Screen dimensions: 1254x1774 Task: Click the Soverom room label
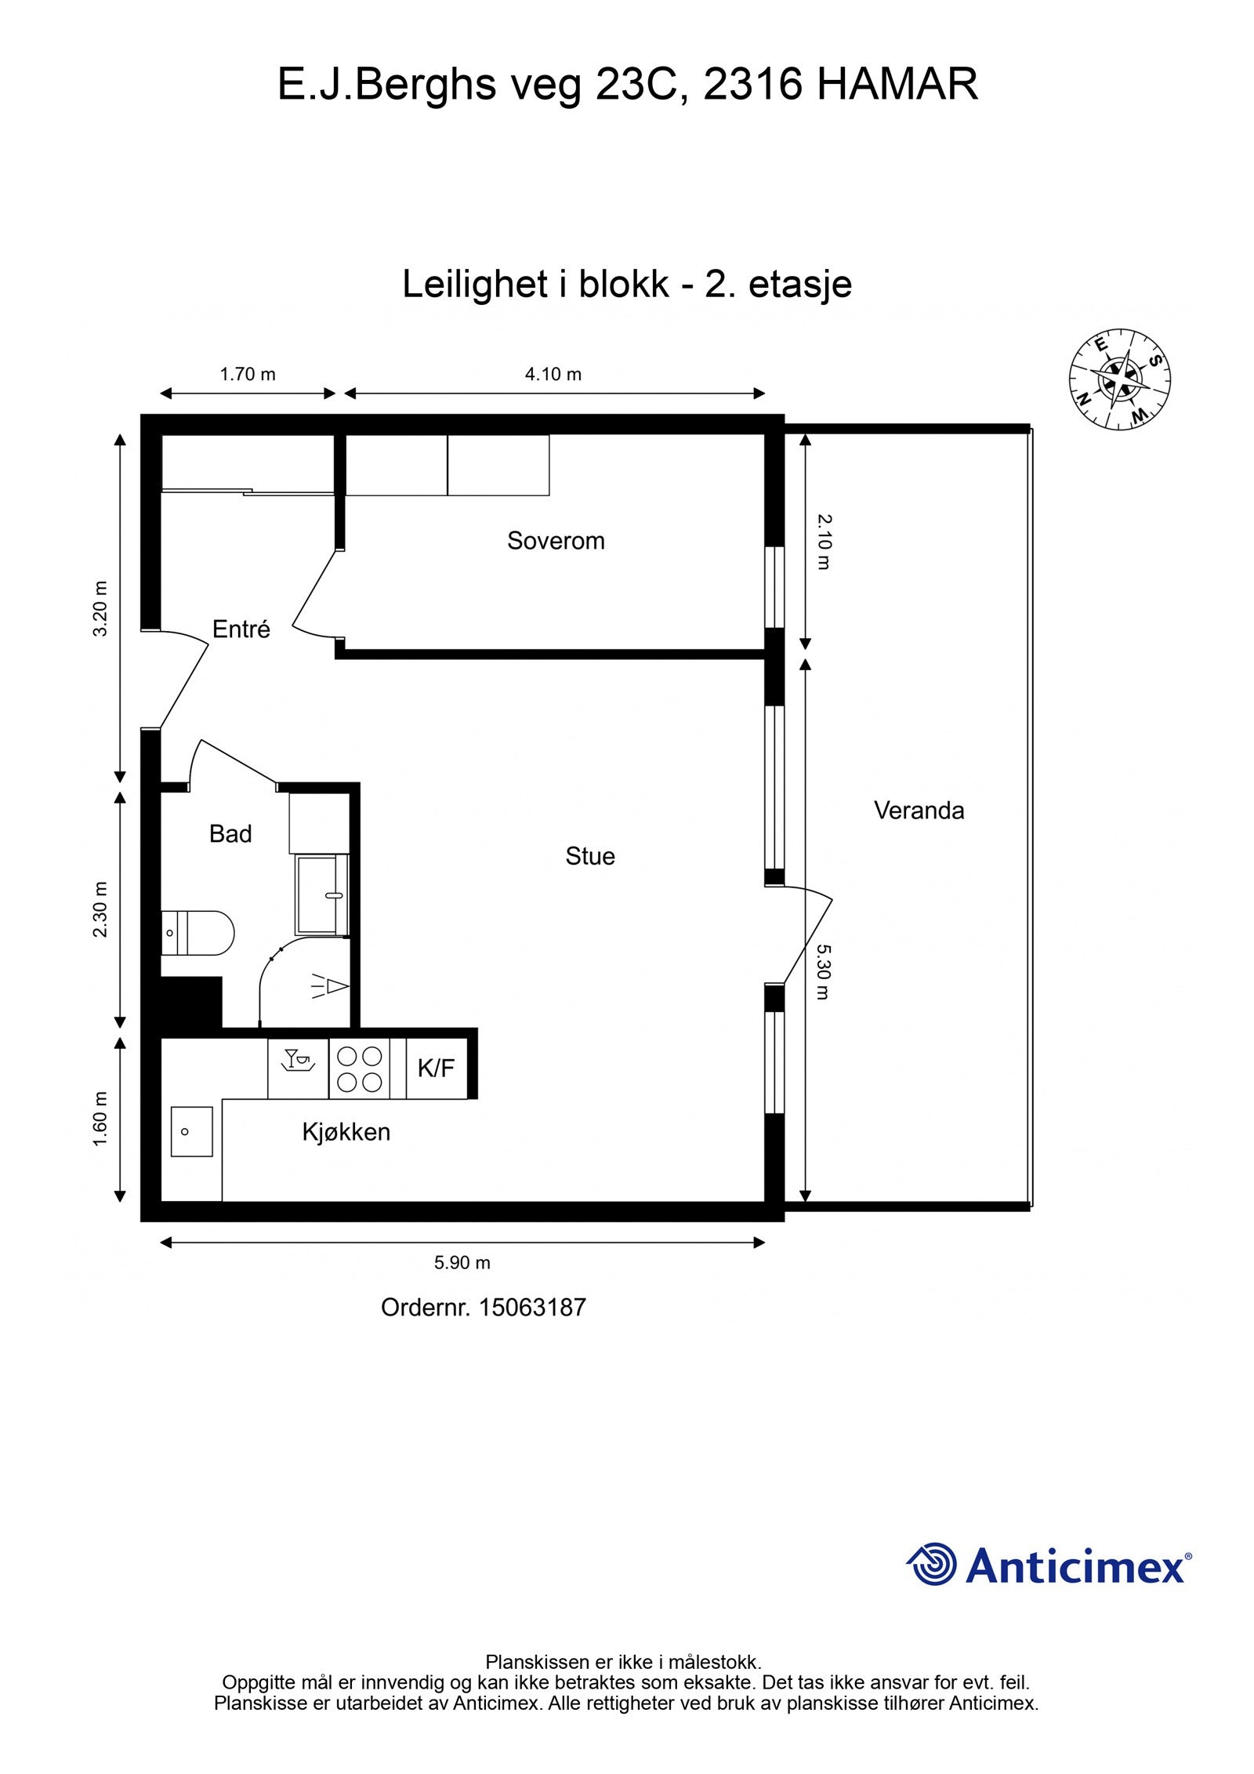(556, 541)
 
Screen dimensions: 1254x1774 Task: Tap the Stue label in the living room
(590, 856)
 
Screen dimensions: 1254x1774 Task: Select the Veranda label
(919, 811)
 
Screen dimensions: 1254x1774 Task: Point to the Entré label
(241, 629)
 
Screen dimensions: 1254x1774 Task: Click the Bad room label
(230, 833)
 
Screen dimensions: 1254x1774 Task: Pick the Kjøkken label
(346, 1132)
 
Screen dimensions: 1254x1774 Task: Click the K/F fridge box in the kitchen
(437, 1068)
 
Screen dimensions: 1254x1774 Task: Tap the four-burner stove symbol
(360, 1068)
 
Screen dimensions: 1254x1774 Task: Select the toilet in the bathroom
(198, 932)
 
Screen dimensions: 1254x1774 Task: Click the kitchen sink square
(192, 1132)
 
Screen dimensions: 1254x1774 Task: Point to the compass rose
(1120, 379)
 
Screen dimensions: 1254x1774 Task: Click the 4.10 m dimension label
(553, 375)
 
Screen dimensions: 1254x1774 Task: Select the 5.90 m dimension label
(462, 1263)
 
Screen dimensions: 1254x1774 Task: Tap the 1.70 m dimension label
(248, 375)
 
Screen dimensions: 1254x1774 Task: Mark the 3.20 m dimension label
(100, 609)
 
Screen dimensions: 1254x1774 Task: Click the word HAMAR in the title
(898, 85)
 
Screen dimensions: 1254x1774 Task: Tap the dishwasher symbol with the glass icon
(299, 1068)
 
